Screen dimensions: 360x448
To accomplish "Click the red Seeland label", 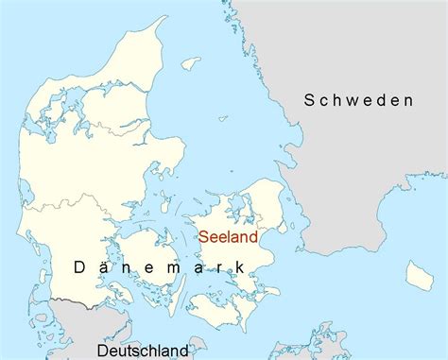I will (227, 238).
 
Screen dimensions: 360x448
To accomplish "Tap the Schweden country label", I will (358, 100).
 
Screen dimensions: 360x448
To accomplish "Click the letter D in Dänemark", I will (81, 268).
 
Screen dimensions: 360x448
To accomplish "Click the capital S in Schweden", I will (310, 100).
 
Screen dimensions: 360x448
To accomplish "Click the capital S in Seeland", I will (202, 238).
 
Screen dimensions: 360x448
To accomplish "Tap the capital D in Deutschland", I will (101, 351).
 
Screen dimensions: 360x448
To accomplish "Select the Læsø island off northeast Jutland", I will (191, 63).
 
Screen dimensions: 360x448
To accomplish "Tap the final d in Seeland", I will (252, 238).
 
